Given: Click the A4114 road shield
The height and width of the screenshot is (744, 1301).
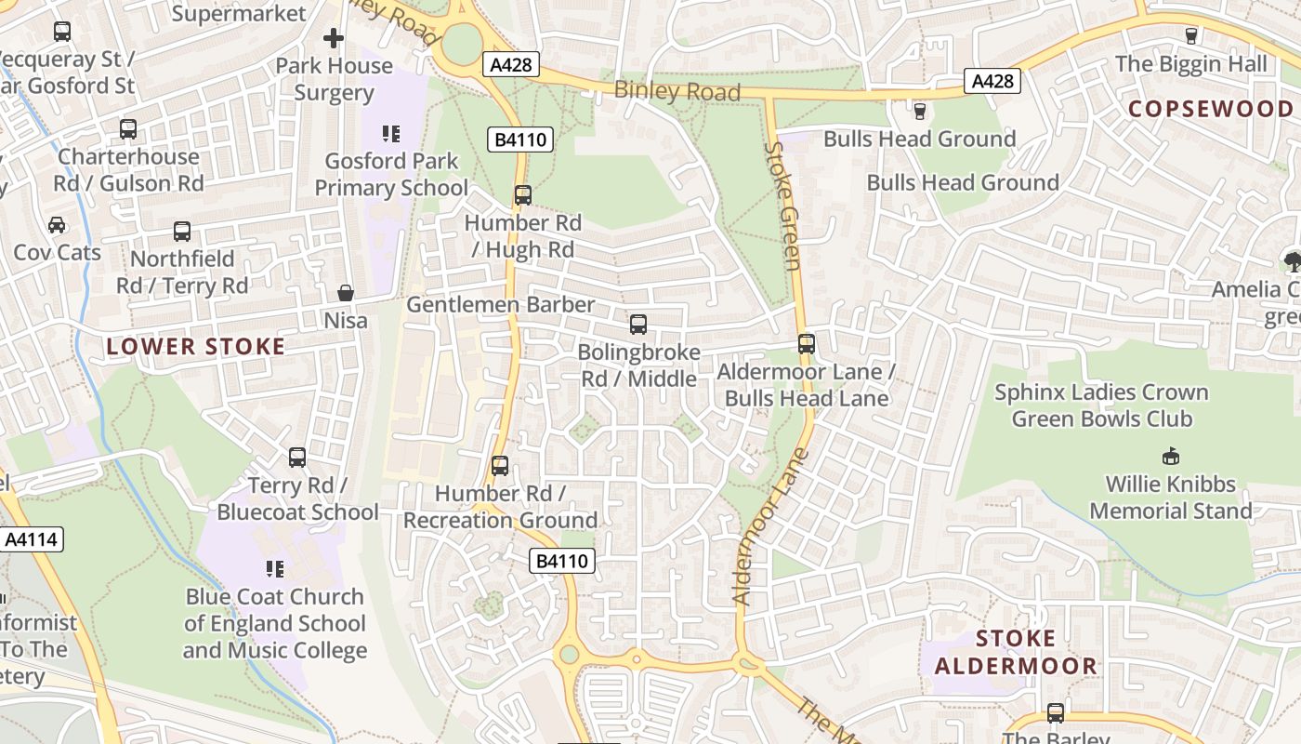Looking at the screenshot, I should point(32,539).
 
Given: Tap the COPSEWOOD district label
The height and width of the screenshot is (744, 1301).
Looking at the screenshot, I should point(1210,109).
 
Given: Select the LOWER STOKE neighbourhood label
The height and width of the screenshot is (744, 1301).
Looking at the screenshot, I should point(195,347).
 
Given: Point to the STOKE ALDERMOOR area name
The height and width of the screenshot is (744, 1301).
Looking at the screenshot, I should point(1016,652).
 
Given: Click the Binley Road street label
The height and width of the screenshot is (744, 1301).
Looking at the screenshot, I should point(677,91).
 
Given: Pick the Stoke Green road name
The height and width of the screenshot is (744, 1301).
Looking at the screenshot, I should point(782,206).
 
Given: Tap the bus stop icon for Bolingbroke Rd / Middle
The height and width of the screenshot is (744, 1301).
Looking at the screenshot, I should point(638,325).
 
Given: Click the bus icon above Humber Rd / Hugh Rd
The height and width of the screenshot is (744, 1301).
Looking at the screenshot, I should point(523,195).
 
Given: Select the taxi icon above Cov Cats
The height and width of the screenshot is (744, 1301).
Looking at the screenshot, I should point(57,225).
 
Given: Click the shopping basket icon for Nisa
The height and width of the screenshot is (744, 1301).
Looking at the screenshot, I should point(346,294).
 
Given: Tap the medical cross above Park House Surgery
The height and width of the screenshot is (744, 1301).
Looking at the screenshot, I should point(334,38).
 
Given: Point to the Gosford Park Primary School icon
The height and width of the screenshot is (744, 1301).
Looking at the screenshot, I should point(391,134).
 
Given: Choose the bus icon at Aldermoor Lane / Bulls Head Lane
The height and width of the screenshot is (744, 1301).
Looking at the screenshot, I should point(807,344).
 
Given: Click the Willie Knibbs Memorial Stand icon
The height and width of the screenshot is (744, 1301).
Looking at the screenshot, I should point(1171,457).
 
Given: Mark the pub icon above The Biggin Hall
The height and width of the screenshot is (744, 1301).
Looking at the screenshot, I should point(1191,36).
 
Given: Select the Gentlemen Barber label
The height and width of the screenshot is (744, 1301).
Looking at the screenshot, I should point(501,305).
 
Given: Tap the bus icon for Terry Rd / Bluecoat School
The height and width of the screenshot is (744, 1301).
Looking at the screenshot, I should point(297,458).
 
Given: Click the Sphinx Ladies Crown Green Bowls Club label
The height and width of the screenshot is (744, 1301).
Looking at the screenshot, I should point(1101,405).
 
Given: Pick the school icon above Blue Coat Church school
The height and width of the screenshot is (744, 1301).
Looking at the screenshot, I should point(275,568).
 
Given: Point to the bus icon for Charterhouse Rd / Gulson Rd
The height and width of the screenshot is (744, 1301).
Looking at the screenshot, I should point(128,129).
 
